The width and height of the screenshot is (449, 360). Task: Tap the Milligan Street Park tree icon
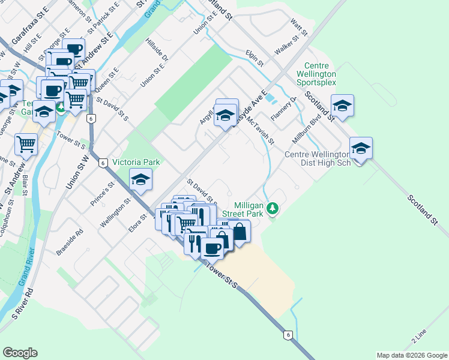[273, 208]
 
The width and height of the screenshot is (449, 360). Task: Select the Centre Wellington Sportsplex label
[319, 74]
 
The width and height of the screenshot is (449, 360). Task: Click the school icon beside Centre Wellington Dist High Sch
[361, 148]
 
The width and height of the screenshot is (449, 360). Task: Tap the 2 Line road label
[418, 336]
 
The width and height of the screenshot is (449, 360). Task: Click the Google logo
[20, 353]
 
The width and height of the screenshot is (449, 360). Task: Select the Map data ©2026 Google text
[412, 355]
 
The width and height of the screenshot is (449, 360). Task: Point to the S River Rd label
[25, 303]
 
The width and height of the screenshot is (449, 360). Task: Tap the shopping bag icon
[239, 231]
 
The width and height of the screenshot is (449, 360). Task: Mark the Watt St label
[298, 26]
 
